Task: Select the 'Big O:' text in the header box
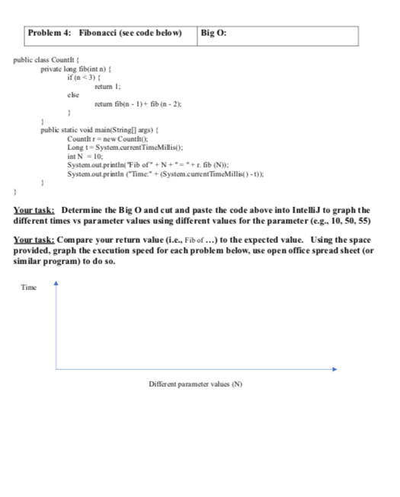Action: click(x=214, y=33)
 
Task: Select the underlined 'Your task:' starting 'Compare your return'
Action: click(x=36, y=241)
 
